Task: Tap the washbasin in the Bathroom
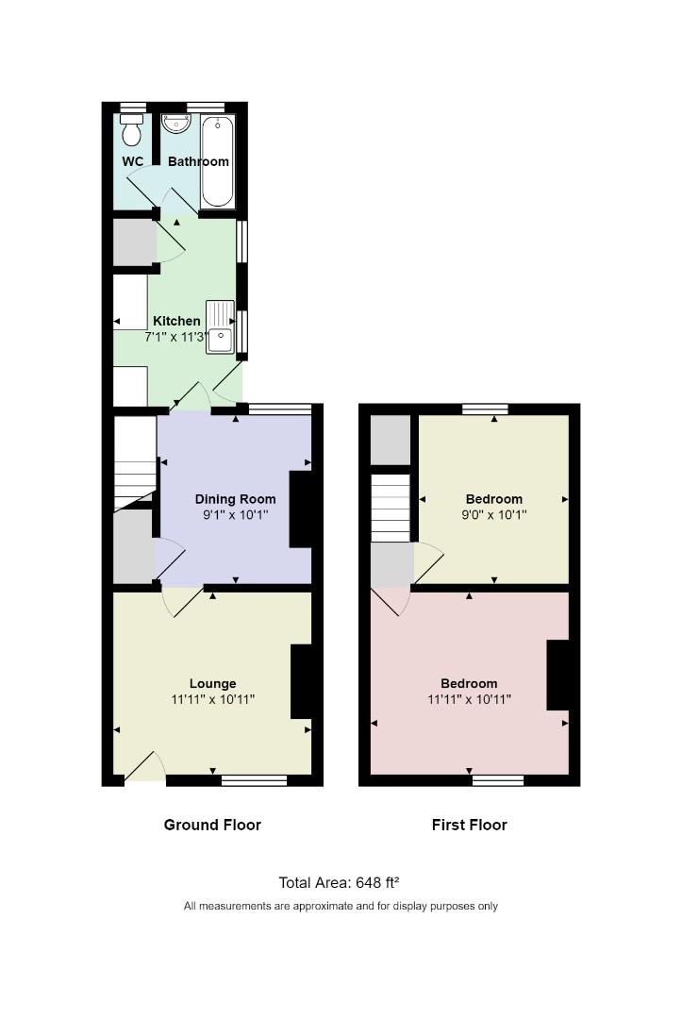pos(176,124)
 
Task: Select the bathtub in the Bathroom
pos(217,161)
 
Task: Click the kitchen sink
pos(219,326)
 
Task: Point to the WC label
pos(133,161)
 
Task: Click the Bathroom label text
pos(198,161)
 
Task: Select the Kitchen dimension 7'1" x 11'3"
pos(177,336)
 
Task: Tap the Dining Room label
pos(235,499)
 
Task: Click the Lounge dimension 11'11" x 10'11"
pos(212,699)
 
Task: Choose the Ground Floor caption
pos(212,825)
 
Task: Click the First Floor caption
pos(469,825)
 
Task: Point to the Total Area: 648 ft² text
pos(340,883)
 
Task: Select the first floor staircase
pos(391,508)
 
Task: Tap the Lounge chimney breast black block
pos(301,681)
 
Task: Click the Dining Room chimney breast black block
pos(300,509)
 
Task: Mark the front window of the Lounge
pos(254,780)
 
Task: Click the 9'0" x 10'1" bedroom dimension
pos(494,515)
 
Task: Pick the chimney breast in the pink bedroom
pos(557,675)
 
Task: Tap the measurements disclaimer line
pos(341,906)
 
